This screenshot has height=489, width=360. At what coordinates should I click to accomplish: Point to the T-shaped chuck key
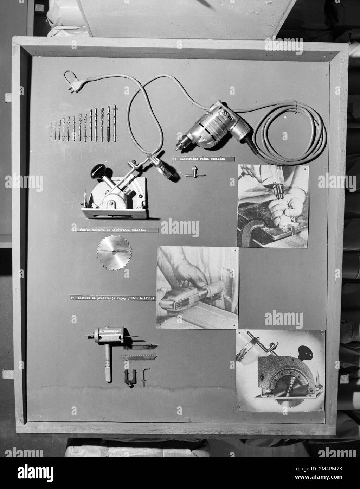(x=191, y=172)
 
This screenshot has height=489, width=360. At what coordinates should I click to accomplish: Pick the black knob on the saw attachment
(x=97, y=171)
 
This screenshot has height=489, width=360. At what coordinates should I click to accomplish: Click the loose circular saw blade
(x=114, y=252)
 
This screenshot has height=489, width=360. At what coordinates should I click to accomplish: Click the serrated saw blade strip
(x=139, y=357)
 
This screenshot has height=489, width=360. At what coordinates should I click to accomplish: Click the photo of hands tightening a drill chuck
(x=273, y=206)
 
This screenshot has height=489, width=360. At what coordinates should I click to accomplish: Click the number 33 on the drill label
(x=175, y=159)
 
